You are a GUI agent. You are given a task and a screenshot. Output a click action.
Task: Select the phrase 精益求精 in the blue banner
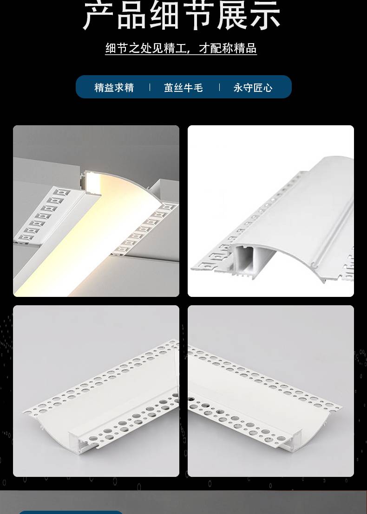coord(114,88)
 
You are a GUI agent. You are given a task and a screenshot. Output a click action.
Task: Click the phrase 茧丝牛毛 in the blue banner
coord(183,88)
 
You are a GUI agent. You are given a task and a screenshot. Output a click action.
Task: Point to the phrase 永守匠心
coord(253,88)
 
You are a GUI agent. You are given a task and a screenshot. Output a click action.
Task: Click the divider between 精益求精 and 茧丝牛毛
coord(150,87)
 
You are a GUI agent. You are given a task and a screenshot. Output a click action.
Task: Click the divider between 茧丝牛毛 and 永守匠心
coord(219,87)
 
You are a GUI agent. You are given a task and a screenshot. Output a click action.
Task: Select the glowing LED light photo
coord(96,211)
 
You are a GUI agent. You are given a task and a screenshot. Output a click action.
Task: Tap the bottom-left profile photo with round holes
coord(96,391)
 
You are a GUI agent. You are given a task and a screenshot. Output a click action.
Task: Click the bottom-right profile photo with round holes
coord(271,391)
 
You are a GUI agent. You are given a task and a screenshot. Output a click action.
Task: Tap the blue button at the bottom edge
coord(71,512)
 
